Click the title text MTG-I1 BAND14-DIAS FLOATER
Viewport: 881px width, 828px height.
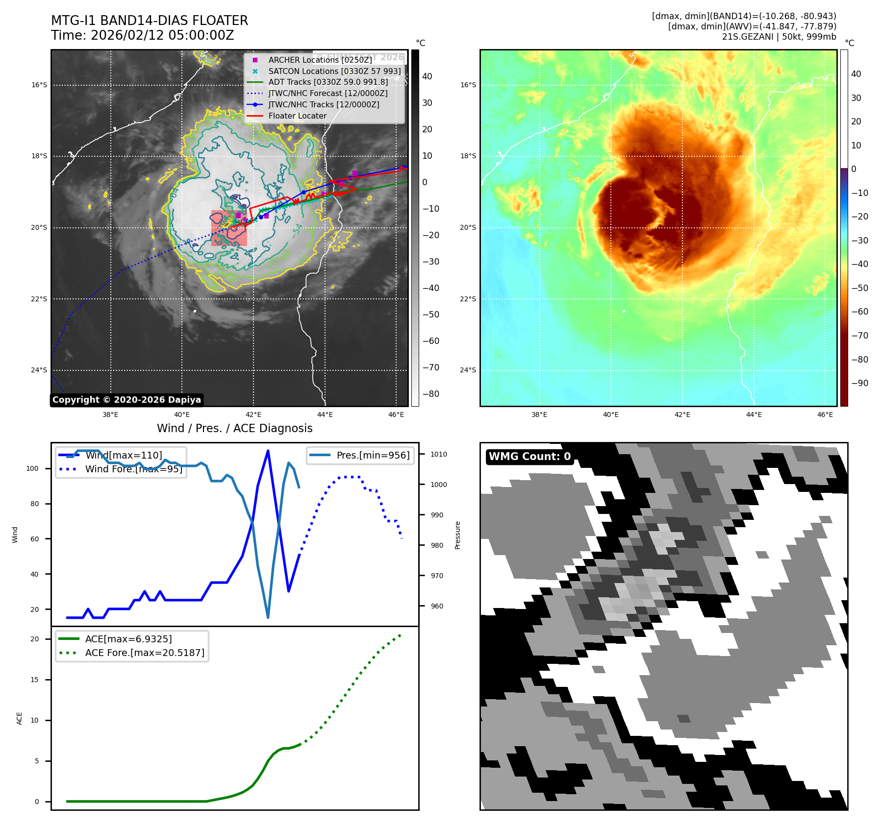pos(150,21)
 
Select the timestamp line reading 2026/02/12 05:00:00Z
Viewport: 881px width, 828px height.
pos(143,35)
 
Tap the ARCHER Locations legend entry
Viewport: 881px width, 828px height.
pos(320,60)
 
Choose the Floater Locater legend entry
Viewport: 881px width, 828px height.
pos(297,116)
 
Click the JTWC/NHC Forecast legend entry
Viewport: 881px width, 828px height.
pos(327,93)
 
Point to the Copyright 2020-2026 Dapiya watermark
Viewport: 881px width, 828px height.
pos(126,400)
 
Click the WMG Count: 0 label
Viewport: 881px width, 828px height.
pos(529,457)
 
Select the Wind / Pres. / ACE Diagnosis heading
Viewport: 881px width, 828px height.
pos(234,428)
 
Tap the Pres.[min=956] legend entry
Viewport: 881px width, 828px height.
pos(373,455)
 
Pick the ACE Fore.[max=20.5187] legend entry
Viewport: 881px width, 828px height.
pos(145,653)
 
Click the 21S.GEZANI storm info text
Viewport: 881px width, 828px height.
pos(779,37)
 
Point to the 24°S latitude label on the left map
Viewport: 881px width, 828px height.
pos(39,370)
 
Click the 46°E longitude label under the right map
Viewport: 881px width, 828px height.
pos(825,414)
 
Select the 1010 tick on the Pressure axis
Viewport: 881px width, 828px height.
pos(439,454)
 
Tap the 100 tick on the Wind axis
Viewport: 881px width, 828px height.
pos(32,468)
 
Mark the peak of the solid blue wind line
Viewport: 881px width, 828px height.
pos(268,451)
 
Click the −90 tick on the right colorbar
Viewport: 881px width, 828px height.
pos(859,383)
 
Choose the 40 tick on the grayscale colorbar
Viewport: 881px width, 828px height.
pos(427,76)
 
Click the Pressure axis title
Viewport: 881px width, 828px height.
pos(457,535)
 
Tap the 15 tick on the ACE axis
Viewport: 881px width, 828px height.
pos(34,680)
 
